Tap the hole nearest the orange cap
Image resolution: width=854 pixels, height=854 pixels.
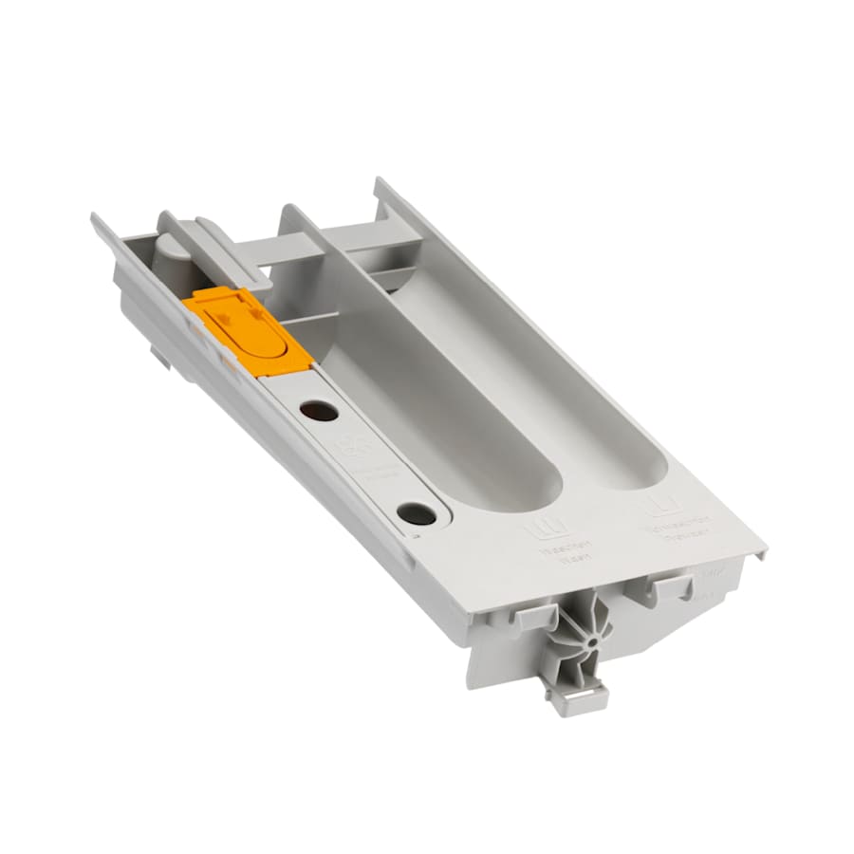[318, 411]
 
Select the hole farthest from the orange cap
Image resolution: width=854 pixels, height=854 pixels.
[417, 514]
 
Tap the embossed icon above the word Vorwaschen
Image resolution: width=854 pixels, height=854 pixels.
[661, 503]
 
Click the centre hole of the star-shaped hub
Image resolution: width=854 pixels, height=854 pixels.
[591, 640]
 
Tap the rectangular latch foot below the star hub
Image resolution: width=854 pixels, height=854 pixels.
[575, 699]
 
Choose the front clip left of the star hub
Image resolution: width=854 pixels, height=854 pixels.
[530, 616]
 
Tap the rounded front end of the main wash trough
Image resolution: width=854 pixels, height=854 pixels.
[531, 484]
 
